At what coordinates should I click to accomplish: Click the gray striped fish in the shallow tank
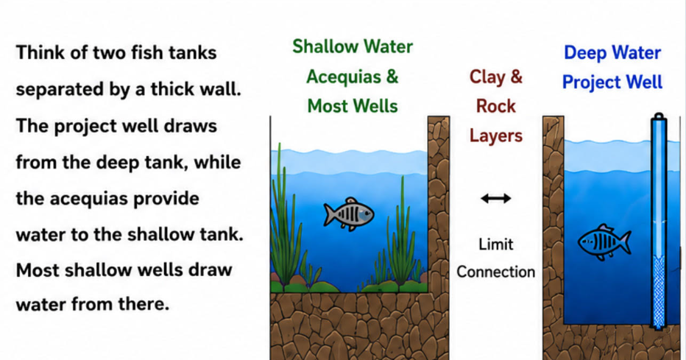pyautogui.click(x=349, y=214)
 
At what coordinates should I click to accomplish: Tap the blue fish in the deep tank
pyautogui.click(x=604, y=242)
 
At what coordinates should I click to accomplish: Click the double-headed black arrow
pyautogui.click(x=495, y=199)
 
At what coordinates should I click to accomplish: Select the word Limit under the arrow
pyautogui.click(x=495, y=244)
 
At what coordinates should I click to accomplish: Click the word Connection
pyautogui.click(x=495, y=272)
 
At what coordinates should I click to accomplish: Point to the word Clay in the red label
pyautogui.click(x=486, y=77)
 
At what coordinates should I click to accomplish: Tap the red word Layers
pyautogui.click(x=495, y=136)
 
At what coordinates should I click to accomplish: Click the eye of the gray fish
pyautogui.click(x=367, y=214)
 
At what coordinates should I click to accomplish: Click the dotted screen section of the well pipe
pyautogui.click(x=658, y=291)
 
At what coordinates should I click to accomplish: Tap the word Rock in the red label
pyautogui.click(x=495, y=106)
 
